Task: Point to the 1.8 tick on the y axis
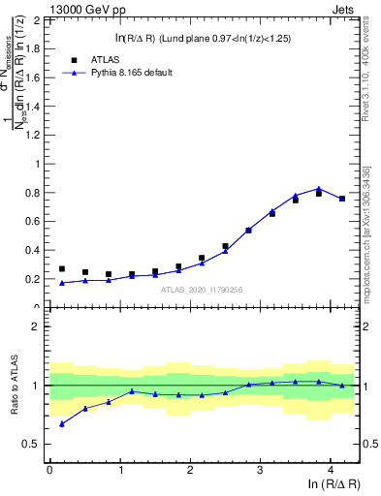[36, 48]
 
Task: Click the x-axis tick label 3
[260, 470]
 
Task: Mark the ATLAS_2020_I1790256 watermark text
[203, 289]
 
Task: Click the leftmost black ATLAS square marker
[62, 269]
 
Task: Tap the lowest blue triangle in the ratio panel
[62, 423]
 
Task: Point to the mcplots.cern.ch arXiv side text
[368, 232]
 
